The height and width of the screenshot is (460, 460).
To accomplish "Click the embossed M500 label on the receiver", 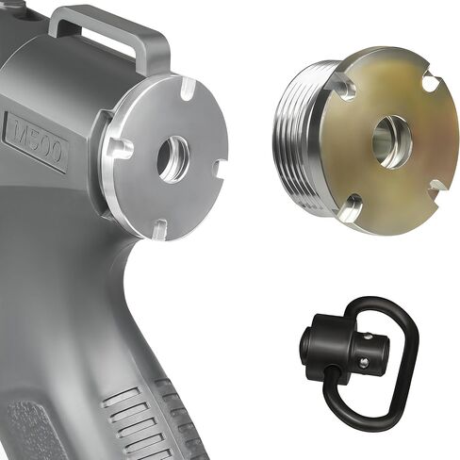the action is pyautogui.click(x=37, y=141).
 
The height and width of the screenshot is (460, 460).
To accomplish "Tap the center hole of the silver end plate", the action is pyautogui.click(x=173, y=159).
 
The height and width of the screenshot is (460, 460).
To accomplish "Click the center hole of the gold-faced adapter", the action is pyautogui.click(x=392, y=142).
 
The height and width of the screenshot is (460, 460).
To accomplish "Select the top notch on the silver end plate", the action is pyautogui.click(x=189, y=89).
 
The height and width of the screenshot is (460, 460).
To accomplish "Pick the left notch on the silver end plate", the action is pyautogui.click(x=122, y=148).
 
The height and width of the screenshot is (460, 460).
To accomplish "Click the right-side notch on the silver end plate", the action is pyautogui.click(x=220, y=168).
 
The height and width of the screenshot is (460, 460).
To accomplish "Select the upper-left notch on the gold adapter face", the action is pyautogui.click(x=343, y=85).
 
